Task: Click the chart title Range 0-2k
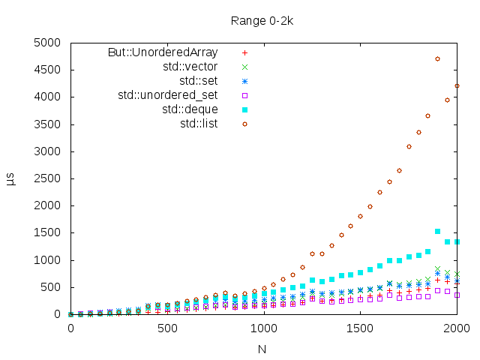pyautogui.click(x=262, y=20)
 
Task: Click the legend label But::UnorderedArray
pyautogui.click(x=163, y=52)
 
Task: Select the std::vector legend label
pyautogui.click(x=190, y=67)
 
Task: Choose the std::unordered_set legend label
pyautogui.click(x=168, y=94)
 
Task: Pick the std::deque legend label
pyautogui.click(x=190, y=109)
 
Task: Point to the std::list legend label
pyautogui.click(x=199, y=123)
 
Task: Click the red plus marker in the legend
pyautogui.click(x=244, y=52)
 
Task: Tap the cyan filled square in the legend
pyautogui.click(x=244, y=109)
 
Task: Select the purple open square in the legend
pyautogui.click(x=244, y=95)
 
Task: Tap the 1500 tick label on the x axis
pyautogui.click(x=360, y=328)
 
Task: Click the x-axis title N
pyautogui.click(x=262, y=349)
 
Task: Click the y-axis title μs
pyautogui.click(x=11, y=178)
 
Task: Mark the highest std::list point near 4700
pyautogui.click(x=437, y=58)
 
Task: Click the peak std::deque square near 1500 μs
pyautogui.click(x=437, y=232)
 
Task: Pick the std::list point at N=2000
pyautogui.click(x=457, y=85)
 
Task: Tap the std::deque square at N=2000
pyautogui.click(x=457, y=241)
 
